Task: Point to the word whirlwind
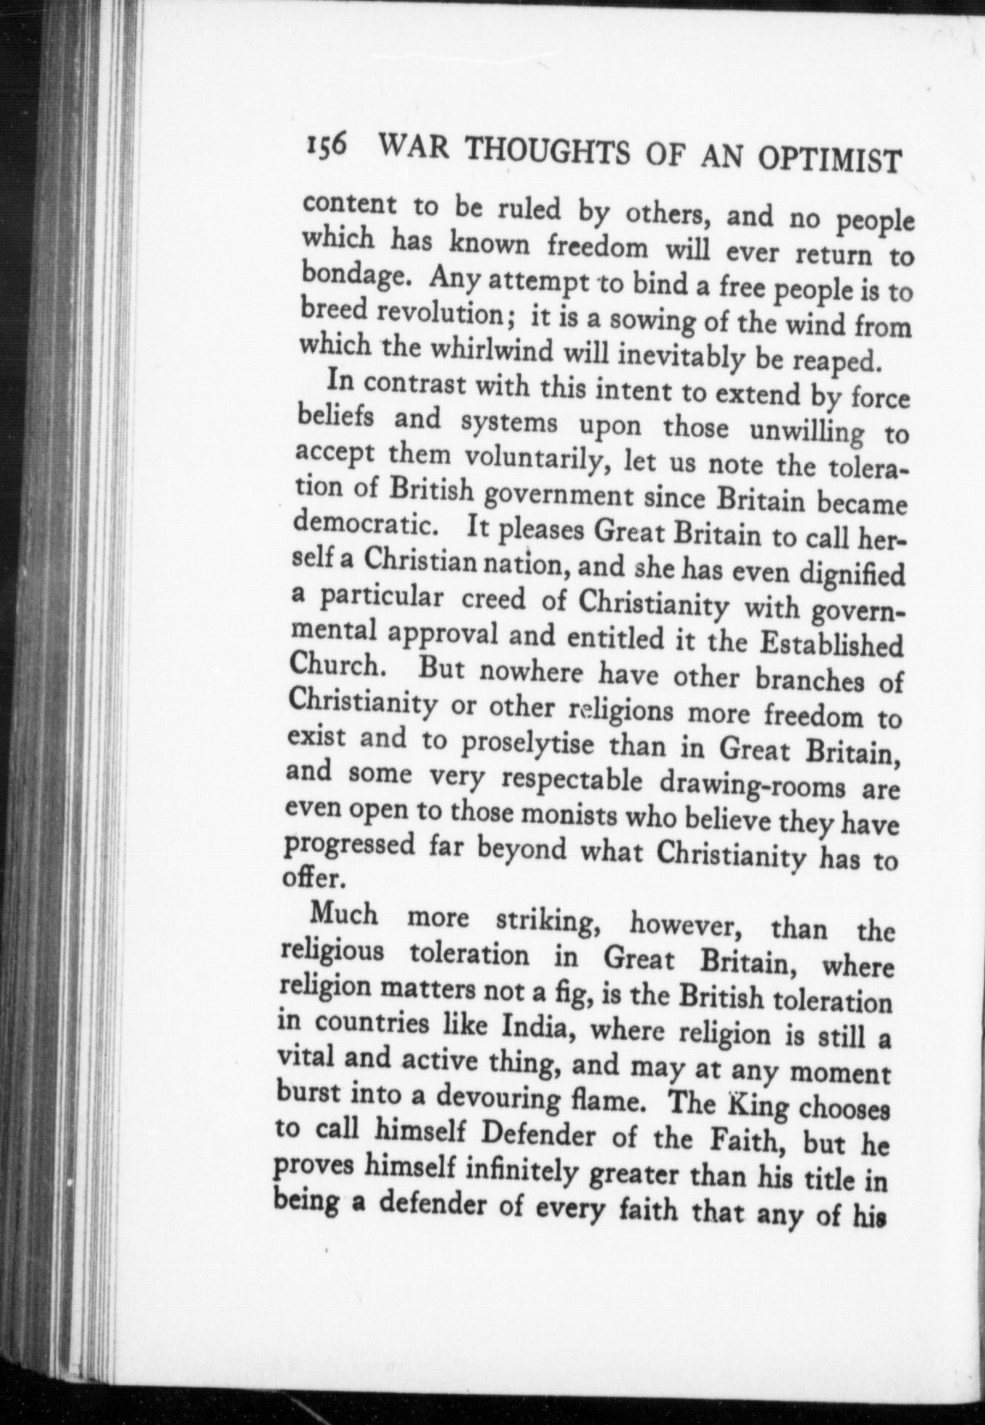[x=492, y=351]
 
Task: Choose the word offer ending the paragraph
[x=309, y=878]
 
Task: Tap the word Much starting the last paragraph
[x=343, y=914]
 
